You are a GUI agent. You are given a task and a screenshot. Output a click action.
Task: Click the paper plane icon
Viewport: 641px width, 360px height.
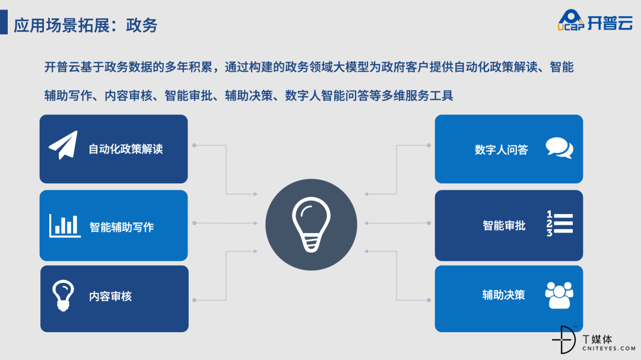pos(64,145)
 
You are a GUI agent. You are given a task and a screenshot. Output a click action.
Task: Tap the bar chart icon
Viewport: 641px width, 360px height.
pos(65,225)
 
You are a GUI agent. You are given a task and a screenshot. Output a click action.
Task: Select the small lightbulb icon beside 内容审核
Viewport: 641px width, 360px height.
pos(63,295)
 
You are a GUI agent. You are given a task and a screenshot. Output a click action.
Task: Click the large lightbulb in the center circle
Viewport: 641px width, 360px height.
pos(311,224)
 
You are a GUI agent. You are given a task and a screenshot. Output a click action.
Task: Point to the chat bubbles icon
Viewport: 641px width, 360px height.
pos(559,148)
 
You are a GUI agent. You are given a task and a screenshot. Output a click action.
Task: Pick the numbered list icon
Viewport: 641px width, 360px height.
pos(560,224)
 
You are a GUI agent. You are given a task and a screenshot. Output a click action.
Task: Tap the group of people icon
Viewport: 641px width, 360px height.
pos(559,295)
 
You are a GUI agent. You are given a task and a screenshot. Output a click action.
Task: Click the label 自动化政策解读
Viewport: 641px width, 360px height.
pos(125,149)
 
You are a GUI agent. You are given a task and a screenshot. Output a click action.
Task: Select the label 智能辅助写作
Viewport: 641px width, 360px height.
pos(122,227)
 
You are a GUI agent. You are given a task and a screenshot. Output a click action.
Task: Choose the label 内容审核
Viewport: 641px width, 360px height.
pos(110,297)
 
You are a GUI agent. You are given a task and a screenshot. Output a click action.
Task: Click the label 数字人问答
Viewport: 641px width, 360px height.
pos(501,150)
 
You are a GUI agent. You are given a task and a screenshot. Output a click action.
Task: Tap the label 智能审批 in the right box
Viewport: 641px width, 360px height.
pos(504,225)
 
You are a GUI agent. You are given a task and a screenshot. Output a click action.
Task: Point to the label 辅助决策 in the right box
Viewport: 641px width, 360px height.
pos(504,295)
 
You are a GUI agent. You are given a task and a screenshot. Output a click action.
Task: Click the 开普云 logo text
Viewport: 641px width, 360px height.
pos(610,23)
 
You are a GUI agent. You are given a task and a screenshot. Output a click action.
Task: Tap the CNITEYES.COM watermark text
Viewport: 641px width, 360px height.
pos(609,349)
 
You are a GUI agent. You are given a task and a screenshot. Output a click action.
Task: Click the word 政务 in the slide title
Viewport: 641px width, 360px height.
pos(141,26)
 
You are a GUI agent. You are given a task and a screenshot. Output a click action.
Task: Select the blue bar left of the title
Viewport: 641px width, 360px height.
pos(4,22)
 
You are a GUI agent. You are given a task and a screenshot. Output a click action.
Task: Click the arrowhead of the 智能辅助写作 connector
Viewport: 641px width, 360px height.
pos(255,223)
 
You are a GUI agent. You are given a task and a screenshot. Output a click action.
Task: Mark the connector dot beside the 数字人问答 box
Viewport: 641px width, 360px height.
pos(429,145)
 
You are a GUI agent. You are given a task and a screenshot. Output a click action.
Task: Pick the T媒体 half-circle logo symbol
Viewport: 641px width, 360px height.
pos(564,340)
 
